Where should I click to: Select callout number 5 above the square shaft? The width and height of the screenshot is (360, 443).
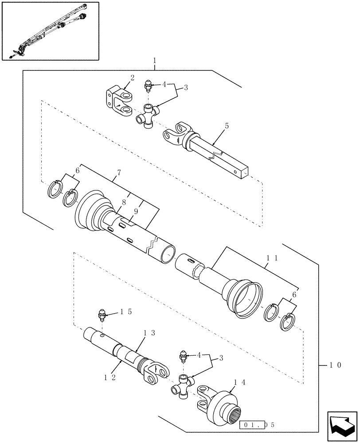click(x=227, y=126)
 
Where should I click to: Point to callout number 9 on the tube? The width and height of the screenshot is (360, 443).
click(x=136, y=212)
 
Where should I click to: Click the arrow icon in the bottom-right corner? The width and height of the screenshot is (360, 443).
click(x=341, y=426)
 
